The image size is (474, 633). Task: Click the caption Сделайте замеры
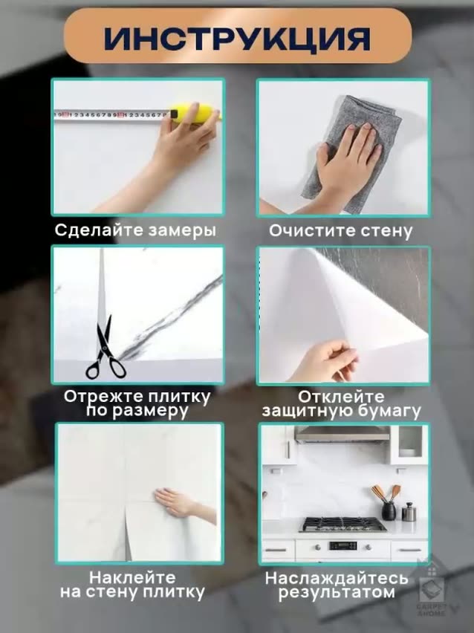click(136, 230)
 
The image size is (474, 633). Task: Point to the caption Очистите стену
click(341, 230)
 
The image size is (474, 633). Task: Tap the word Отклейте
click(341, 396)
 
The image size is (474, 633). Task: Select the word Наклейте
click(132, 577)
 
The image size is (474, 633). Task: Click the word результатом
click(337, 593)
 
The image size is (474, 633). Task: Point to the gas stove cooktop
click(342, 524)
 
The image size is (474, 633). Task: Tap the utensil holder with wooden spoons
click(388, 505)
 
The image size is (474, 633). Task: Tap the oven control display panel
click(342, 545)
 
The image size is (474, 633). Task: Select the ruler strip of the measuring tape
click(111, 114)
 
